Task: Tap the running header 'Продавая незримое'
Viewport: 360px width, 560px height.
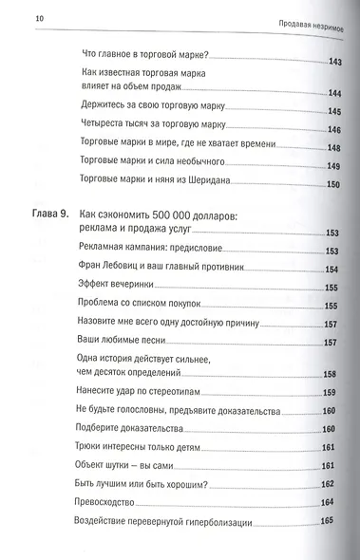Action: click(x=313, y=23)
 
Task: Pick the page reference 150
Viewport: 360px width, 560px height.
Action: click(x=332, y=183)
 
